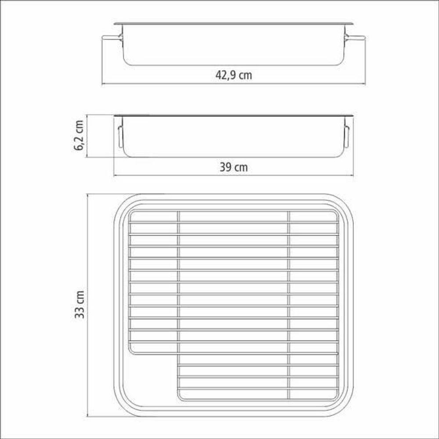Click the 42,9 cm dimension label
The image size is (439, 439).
pyautogui.click(x=234, y=75)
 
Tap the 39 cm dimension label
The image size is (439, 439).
pyautogui.click(x=233, y=167)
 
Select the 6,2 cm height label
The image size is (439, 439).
pyautogui.click(x=79, y=136)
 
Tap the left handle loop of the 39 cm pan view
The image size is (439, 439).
pyautogui.click(x=119, y=137)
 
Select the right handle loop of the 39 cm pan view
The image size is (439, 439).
pyautogui.click(x=347, y=137)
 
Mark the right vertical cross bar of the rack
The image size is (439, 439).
pyautogui.click(x=288, y=303)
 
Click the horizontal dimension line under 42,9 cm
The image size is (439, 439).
pyautogui.click(x=234, y=84)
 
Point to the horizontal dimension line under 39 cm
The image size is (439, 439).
pyautogui.click(x=234, y=176)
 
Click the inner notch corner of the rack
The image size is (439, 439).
pyautogui.click(x=178, y=353)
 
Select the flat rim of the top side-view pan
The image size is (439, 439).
pyautogui.click(x=234, y=23)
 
